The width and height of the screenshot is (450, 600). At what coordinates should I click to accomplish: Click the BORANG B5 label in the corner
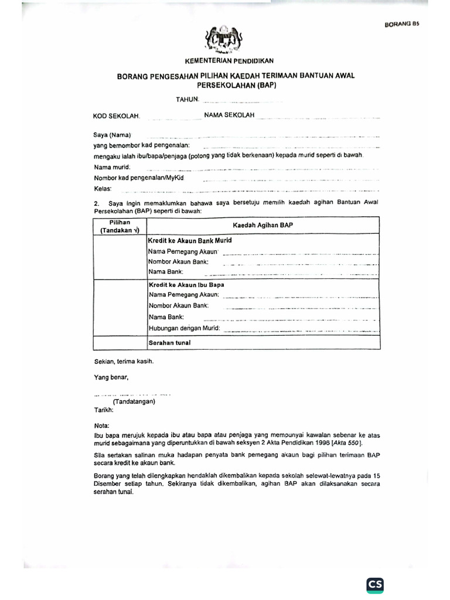(x=403, y=25)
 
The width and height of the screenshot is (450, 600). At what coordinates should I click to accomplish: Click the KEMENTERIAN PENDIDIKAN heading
(x=229, y=61)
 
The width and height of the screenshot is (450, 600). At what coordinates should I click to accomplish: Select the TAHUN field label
(x=187, y=99)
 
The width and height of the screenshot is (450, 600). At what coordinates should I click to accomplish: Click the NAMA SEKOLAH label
(x=229, y=115)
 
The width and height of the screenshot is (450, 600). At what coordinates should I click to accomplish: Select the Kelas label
(x=103, y=189)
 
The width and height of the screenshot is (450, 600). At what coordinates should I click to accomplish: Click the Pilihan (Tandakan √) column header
(x=119, y=227)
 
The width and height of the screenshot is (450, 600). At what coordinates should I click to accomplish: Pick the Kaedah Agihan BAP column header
(x=262, y=225)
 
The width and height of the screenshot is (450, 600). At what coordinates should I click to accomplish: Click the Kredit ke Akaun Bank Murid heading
(x=190, y=240)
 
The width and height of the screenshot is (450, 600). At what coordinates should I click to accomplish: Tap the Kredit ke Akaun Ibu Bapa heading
(x=186, y=285)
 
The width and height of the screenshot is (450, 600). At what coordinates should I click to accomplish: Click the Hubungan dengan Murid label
(x=184, y=328)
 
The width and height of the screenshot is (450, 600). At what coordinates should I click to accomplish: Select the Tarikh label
(x=103, y=410)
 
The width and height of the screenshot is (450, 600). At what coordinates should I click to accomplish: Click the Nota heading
(x=102, y=426)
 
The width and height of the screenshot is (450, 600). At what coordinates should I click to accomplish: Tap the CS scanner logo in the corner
(x=375, y=584)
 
